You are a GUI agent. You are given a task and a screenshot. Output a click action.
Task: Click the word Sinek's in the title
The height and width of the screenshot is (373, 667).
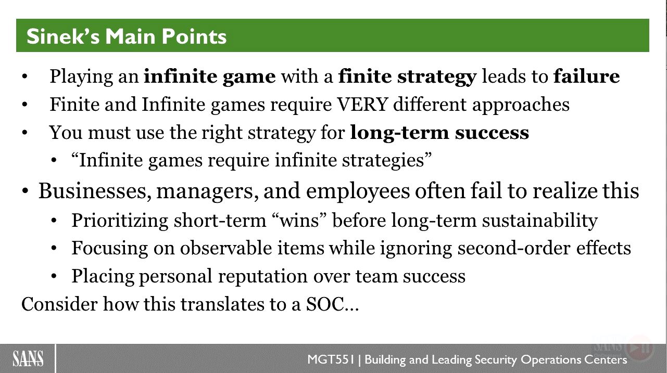63,36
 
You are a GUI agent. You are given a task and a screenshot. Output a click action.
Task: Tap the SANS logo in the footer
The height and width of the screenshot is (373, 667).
28,359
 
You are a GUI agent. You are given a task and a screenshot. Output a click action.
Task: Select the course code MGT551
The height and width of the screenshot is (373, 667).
331,359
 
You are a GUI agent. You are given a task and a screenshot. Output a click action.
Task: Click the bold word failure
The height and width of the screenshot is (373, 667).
587,76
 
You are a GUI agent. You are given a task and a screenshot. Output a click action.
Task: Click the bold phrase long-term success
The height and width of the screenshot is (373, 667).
439,132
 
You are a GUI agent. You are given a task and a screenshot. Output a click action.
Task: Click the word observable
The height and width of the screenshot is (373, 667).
225,248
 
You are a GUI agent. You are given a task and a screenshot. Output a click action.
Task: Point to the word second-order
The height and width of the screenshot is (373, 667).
513,248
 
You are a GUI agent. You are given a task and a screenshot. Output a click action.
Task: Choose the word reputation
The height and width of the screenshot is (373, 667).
262,276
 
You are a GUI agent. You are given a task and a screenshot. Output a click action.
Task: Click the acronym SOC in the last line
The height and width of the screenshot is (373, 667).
325,304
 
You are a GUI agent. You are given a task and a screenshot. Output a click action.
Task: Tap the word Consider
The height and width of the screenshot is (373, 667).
59,304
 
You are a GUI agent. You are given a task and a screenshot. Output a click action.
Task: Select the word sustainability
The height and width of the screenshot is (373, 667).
539,221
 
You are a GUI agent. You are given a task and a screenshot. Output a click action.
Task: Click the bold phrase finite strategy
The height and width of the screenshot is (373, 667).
407,76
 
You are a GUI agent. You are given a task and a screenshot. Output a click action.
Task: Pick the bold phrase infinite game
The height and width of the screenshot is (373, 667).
210,76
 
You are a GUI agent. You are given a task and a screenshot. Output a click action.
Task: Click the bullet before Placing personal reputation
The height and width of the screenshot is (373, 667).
54,276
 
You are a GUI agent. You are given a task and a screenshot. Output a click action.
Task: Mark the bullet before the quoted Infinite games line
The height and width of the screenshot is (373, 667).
54,161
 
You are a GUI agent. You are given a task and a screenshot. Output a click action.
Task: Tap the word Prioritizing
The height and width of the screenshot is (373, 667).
120,221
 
